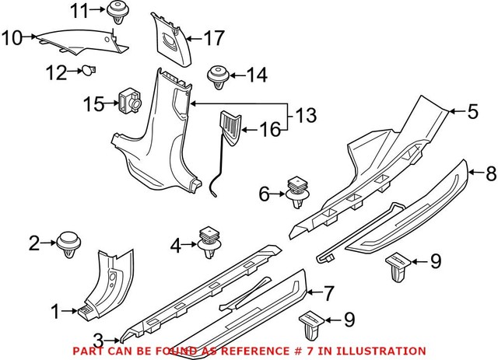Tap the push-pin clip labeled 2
tap(70, 244)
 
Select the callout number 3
tap(98, 338)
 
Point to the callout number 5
tap(472, 112)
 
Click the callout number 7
tap(329, 294)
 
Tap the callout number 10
tap(12, 36)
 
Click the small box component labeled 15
tap(129, 100)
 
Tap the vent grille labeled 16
tap(231, 126)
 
